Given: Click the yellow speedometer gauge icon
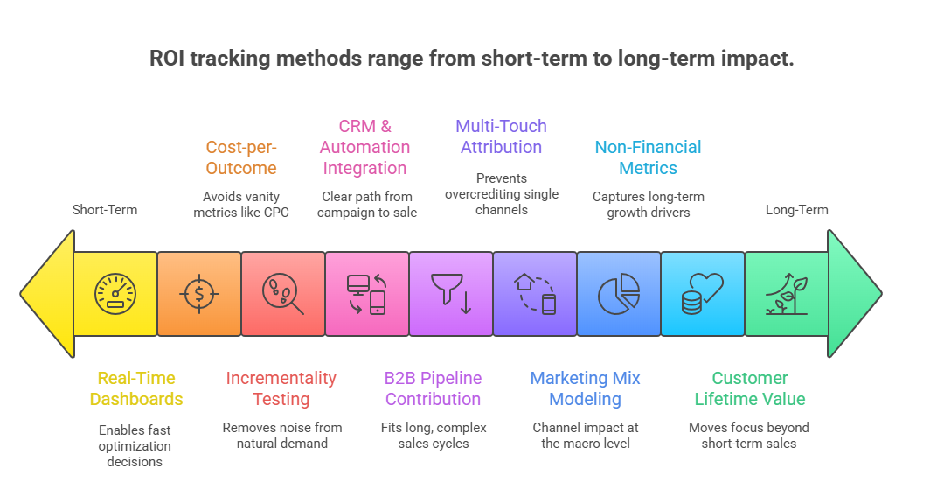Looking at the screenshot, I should pos(115,294).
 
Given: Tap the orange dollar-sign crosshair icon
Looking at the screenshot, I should pos(199,294).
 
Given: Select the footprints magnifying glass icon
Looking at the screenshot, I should pos(283,294).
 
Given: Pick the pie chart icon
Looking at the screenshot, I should pos(619,294).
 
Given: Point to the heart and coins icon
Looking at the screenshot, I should pos(703,294).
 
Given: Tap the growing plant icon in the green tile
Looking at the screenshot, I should pos(787,294).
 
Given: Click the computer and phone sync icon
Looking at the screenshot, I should pos(367,294).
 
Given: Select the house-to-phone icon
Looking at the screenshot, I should pos(535,294).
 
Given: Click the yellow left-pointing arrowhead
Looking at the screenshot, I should pos(48,294).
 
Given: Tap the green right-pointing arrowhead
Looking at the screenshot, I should pos(854,294).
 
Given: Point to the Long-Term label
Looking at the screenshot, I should pos(796,210).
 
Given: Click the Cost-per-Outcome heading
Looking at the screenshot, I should pos(241,157).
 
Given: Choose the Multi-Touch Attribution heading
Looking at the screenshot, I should pos(501,136).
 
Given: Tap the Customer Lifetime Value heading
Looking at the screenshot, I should pos(750,388).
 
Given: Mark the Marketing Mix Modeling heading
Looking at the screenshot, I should pos(585,388).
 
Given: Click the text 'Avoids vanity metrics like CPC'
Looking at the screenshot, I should pos(241,204).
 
